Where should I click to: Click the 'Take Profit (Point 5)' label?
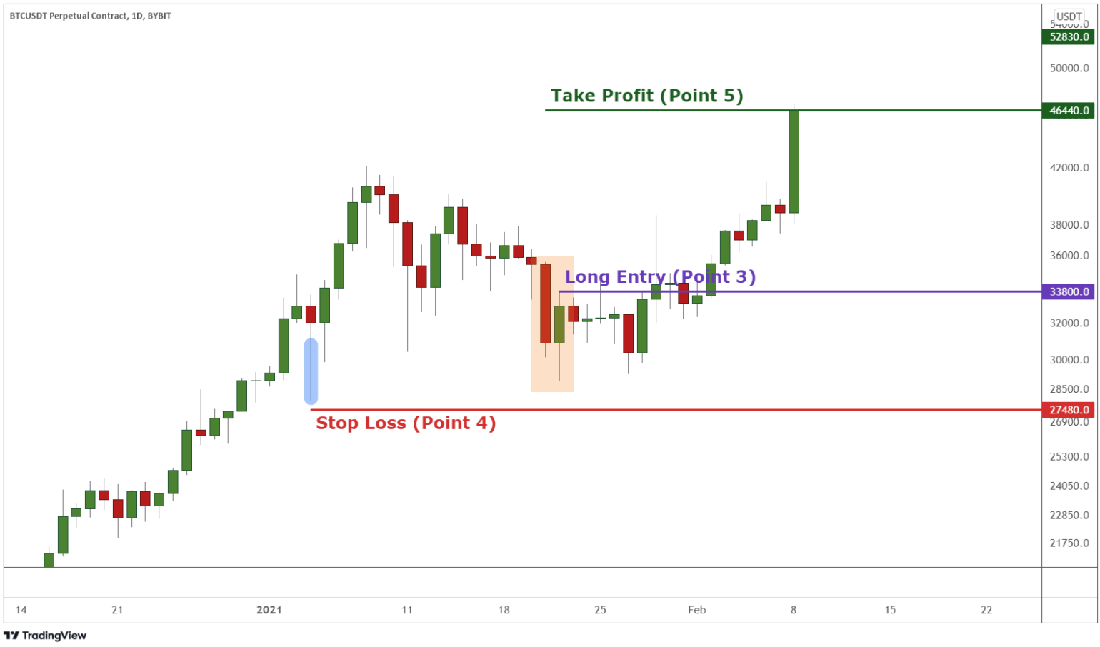tap(646, 96)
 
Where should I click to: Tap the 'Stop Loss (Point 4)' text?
tap(406, 423)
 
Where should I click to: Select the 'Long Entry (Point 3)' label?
tap(660, 277)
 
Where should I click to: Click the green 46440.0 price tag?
tap(1069, 111)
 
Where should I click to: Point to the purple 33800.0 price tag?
tap(1069, 291)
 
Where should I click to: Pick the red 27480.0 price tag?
tap(1069, 410)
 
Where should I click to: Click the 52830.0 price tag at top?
tap(1069, 37)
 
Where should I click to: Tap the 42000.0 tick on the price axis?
tap(1069, 168)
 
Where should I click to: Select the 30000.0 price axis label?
tap(1069, 360)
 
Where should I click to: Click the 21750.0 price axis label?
tap(1069, 543)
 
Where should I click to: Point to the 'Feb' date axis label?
tap(696, 610)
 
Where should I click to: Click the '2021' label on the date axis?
tap(269, 610)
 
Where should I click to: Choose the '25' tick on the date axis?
tap(600, 610)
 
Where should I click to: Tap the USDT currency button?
tap(1069, 16)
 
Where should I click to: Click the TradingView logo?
tap(45, 636)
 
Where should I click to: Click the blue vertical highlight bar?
tap(311, 371)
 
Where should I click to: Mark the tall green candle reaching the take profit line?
tap(794, 161)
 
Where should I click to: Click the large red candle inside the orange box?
tap(546, 304)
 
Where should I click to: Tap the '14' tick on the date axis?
tap(21, 610)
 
